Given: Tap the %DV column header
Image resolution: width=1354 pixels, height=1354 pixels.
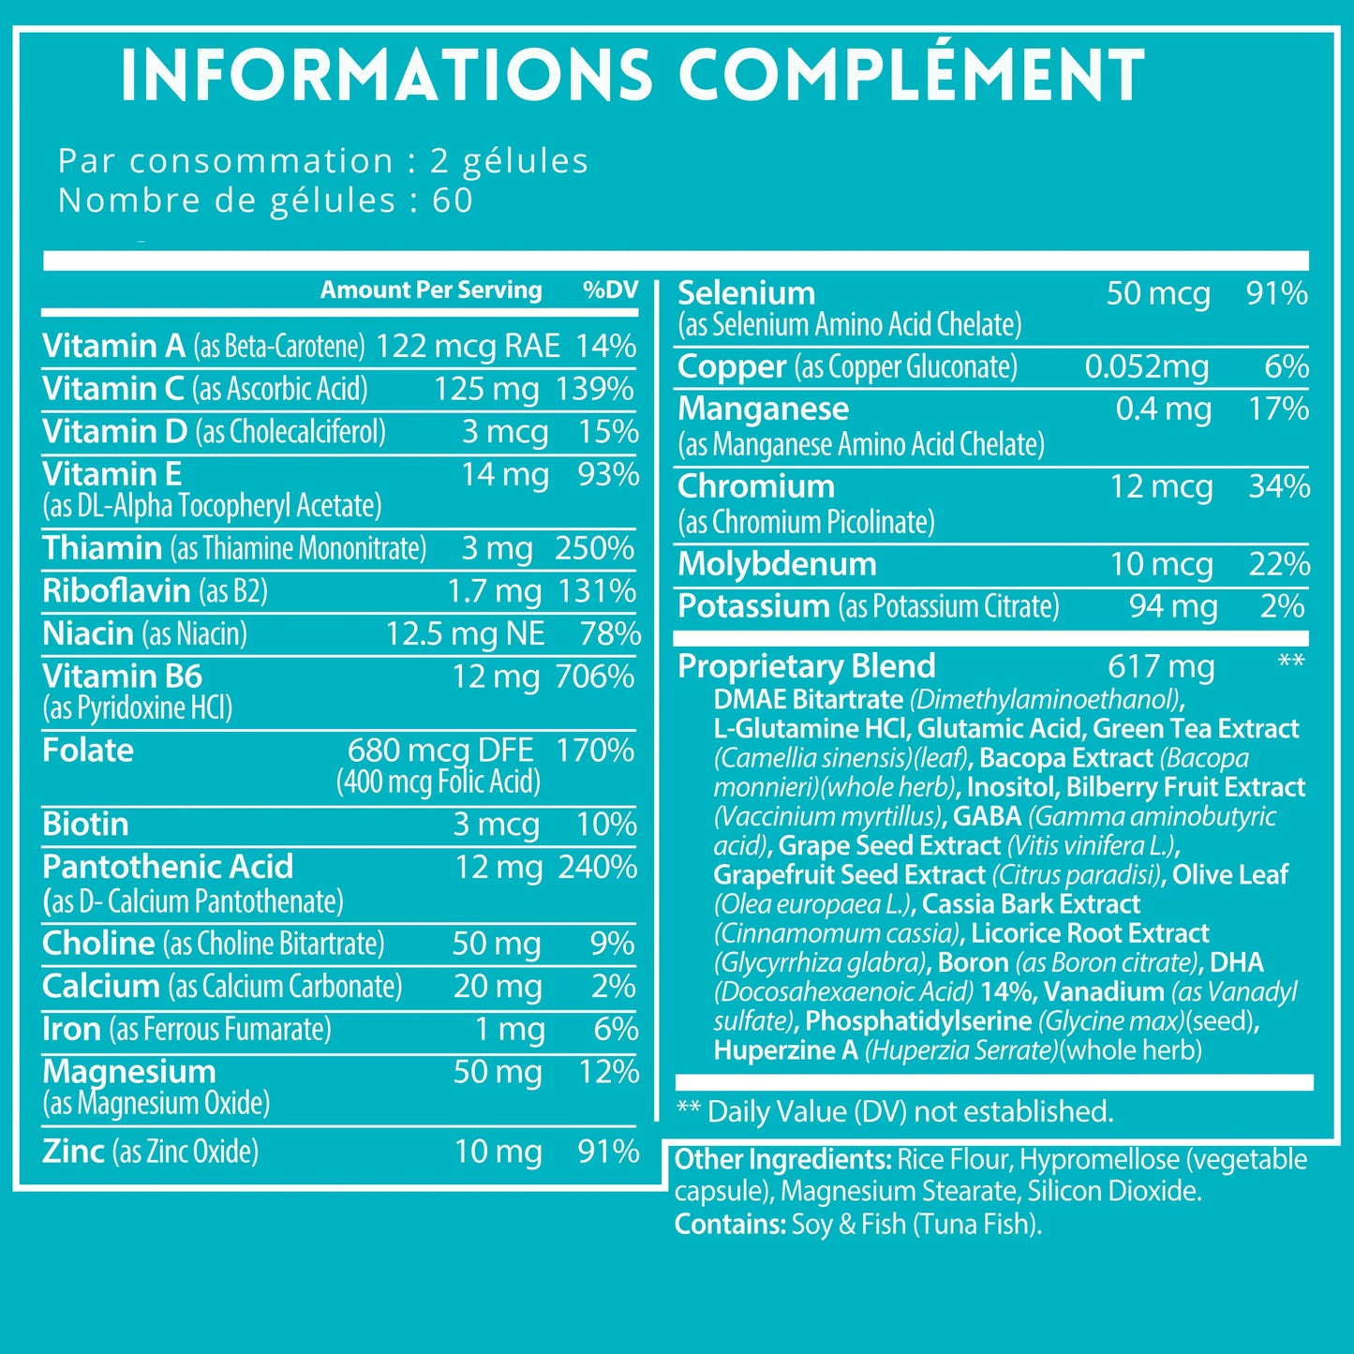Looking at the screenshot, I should coord(610,290).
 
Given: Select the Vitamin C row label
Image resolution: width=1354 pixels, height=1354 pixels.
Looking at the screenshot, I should coord(112,389).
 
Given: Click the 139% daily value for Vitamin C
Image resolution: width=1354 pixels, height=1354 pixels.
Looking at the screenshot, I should coord(595,389).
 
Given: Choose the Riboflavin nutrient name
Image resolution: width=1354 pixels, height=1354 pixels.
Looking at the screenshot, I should coord(116,591).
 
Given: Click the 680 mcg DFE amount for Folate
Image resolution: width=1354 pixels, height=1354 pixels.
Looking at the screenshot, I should coord(440,751).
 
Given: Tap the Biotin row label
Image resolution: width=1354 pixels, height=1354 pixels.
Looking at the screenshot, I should coord(85,825).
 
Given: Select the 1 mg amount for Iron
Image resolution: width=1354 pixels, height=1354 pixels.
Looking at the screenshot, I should coord(510,1030).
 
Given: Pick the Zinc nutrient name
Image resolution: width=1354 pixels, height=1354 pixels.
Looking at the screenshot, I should coord(73,1152).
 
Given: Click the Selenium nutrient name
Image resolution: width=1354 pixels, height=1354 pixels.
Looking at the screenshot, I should coord(746,293).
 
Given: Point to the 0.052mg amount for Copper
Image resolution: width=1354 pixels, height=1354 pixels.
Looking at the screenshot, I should coord(1147,366).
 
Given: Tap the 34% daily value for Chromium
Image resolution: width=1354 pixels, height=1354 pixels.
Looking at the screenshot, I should coord(1279,487).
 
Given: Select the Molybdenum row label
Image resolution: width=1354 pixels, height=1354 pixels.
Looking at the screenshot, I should coord(777,564).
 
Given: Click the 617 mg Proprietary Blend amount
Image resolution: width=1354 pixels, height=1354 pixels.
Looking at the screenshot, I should coord(1161,666).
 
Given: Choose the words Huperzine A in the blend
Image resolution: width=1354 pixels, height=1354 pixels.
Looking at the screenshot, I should coord(785,1050).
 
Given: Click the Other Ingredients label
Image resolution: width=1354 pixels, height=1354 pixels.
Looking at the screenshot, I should coord(782,1160).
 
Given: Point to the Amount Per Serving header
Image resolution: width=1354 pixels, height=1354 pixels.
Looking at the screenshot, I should coord(431,290).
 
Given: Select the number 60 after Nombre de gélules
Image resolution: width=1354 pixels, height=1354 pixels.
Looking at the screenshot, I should coord(453,201).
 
